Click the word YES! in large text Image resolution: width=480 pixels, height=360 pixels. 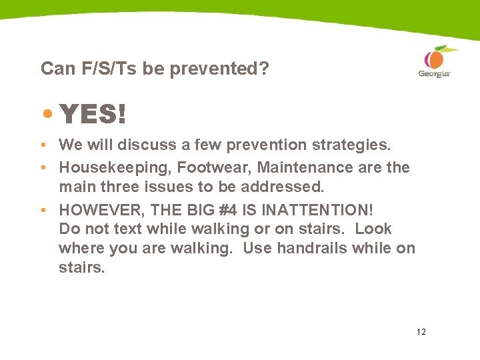[x=93, y=115]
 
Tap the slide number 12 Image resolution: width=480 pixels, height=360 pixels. [x=421, y=331]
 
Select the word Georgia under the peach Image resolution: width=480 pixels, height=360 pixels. [x=434, y=73]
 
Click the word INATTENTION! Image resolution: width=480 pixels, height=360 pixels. [x=317, y=209]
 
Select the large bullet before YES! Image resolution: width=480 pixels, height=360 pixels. [x=47, y=113]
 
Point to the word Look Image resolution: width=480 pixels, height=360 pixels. [x=373, y=229]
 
